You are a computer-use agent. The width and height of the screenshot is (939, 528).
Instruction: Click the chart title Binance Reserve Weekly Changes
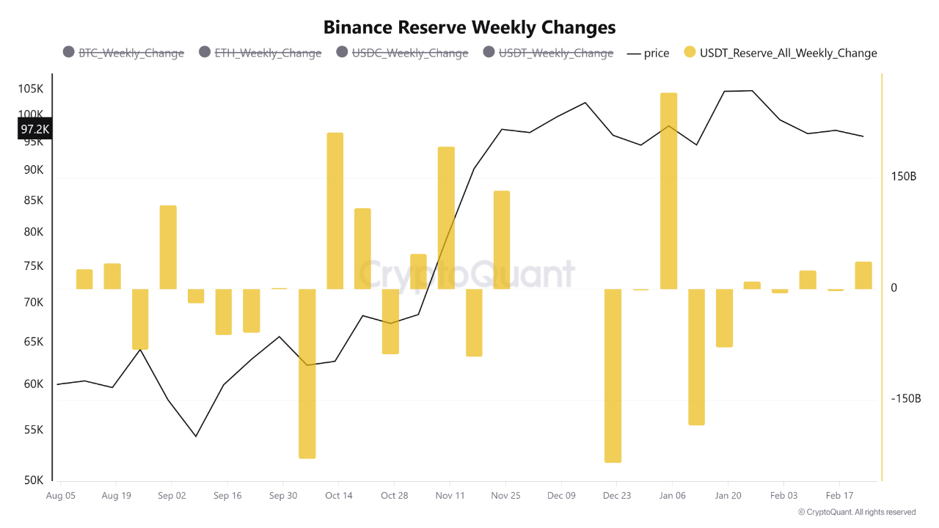click(469, 27)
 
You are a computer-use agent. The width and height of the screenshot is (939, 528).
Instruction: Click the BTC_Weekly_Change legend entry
click(123, 53)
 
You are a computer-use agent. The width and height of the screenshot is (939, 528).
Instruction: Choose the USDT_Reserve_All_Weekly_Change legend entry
click(780, 53)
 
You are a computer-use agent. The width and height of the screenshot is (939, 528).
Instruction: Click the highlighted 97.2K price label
click(34, 129)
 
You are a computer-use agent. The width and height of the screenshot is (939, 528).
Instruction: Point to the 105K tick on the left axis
click(31, 89)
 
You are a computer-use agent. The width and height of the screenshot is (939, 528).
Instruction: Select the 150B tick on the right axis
click(904, 177)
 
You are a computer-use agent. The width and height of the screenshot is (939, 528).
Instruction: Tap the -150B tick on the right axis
click(905, 398)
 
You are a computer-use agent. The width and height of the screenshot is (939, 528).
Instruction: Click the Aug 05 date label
click(60, 496)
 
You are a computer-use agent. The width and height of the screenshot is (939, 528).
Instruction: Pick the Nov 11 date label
click(450, 496)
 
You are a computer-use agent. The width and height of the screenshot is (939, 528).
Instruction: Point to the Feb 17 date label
click(839, 496)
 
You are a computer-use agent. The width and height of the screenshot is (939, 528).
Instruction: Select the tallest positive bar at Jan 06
click(668, 191)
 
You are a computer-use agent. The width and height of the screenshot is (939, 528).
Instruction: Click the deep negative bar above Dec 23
click(613, 375)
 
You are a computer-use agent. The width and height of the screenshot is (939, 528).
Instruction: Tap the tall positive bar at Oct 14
click(335, 210)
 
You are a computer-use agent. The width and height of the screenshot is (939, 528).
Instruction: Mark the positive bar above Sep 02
click(168, 247)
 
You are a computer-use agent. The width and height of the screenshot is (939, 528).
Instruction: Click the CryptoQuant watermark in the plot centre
click(467, 275)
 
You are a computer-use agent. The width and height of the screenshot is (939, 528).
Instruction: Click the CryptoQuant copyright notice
click(856, 512)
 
